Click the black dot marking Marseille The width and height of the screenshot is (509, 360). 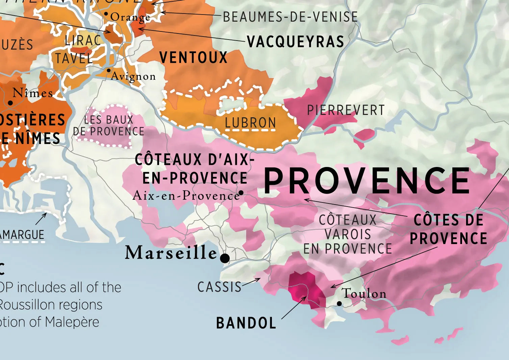pyautogui.click(x=225, y=259)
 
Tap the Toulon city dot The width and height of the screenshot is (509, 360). pyautogui.click(x=339, y=304)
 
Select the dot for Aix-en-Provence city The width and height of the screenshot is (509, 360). pyautogui.click(x=241, y=193)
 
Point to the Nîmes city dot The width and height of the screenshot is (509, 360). pyautogui.click(x=10, y=103)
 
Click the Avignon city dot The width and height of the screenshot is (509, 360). pyautogui.click(x=108, y=70)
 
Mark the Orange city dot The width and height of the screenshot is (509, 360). pyautogui.click(x=106, y=14)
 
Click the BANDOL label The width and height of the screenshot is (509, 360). pyautogui.click(x=246, y=323)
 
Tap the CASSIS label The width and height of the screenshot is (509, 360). pyautogui.click(x=220, y=287)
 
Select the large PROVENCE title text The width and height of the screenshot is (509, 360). pyautogui.click(x=366, y=181)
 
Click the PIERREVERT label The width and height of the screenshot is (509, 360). pyautogui.click(x=346, y=110)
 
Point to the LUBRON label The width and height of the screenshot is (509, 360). pyautogui.click(x=250, y=123)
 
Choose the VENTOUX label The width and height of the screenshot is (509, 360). pyautogui.click(x=193, y=58)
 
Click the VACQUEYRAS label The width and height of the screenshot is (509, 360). pyautogui.click(x=296, y=42)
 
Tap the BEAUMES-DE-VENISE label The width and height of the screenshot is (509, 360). pyautogui.click(x=290, y=17)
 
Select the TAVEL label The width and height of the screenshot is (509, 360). pyautogui.click(x=74, y=58)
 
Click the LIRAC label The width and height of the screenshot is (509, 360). pyautogui.click(x=83, y=41)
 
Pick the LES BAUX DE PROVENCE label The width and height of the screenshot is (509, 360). pyautogui.click(x=109, y=125)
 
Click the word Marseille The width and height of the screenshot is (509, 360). pyautogui.click(x=171, y=253)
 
